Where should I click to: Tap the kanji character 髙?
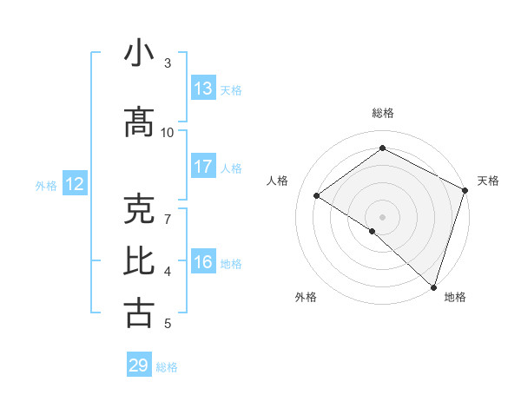point(139,123)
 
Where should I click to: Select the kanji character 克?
point(139,210)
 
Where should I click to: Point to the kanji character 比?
point(139,260)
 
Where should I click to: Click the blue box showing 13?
point(203,89)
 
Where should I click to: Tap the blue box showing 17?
point(203,167)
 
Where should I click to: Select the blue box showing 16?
point(203,262)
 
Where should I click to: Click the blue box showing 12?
point(74,184)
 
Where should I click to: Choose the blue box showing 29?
point(139,365)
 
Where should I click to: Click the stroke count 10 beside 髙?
point(168,132)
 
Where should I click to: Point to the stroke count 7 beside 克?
point(168,210)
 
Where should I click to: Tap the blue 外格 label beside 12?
point(46,185)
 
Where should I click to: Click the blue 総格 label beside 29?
point(168,366)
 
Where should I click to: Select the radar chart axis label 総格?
point(382,113)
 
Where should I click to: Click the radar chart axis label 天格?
point(488,181)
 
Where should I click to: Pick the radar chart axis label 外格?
point(306,297)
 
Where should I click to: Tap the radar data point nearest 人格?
point(317,195)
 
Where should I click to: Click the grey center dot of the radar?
point(382,216)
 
